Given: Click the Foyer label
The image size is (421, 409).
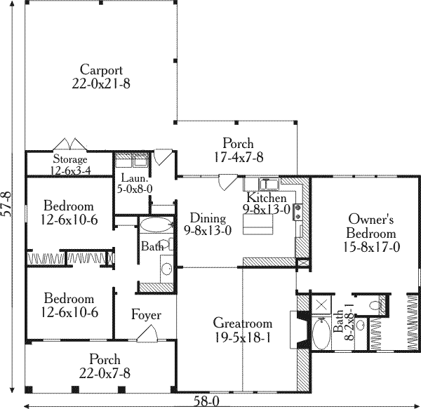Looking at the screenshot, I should click(146, 315).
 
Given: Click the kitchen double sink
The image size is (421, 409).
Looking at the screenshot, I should click(269, 184).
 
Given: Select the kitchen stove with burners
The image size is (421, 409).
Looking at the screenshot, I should click(298, 208).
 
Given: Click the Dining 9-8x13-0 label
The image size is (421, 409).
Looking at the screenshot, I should click(208, 224).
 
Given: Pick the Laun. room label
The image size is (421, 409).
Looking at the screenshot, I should click(130, 182).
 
